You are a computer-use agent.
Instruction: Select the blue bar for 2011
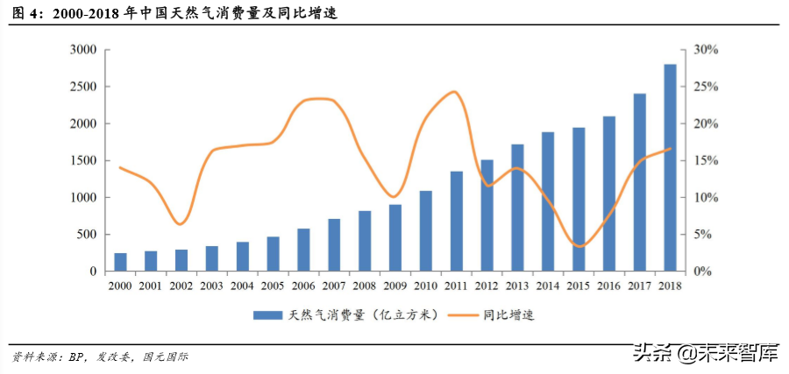(456, 221)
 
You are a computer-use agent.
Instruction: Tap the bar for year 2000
(120, 262)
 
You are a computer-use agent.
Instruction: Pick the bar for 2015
(579, 200)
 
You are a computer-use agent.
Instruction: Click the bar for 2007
(334, 245)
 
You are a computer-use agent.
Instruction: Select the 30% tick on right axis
(707, 50)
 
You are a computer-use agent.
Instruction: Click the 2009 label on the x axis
(394, 285)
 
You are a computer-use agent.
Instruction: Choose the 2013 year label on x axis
(517, 285)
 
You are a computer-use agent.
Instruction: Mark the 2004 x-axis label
(242, 285)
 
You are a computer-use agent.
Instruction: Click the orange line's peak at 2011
(453, 92)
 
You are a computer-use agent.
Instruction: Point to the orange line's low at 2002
(181, 224)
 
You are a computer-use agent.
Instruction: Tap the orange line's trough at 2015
(579, 246)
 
